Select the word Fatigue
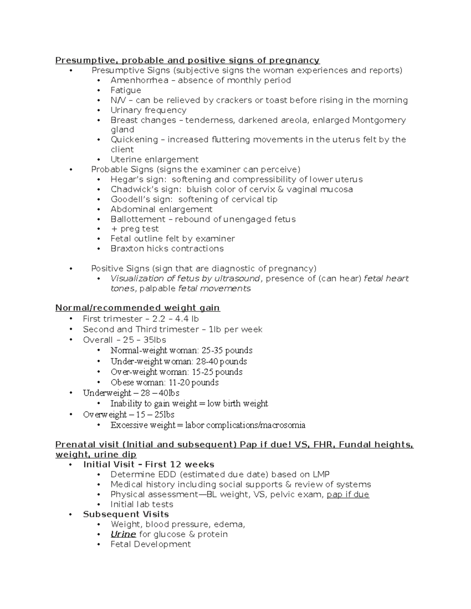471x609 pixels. [x=126, y=90]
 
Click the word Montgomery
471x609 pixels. [x=379, y=120]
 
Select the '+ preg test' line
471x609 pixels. [x=135, y=229]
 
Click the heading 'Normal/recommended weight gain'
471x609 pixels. [x=137, y=308]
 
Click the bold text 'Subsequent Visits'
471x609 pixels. [x=126, y=514]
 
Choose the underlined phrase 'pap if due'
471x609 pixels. [x=348, y=494]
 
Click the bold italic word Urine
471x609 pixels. [x=123, y=534]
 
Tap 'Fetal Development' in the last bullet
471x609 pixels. [x=151, y=544]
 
